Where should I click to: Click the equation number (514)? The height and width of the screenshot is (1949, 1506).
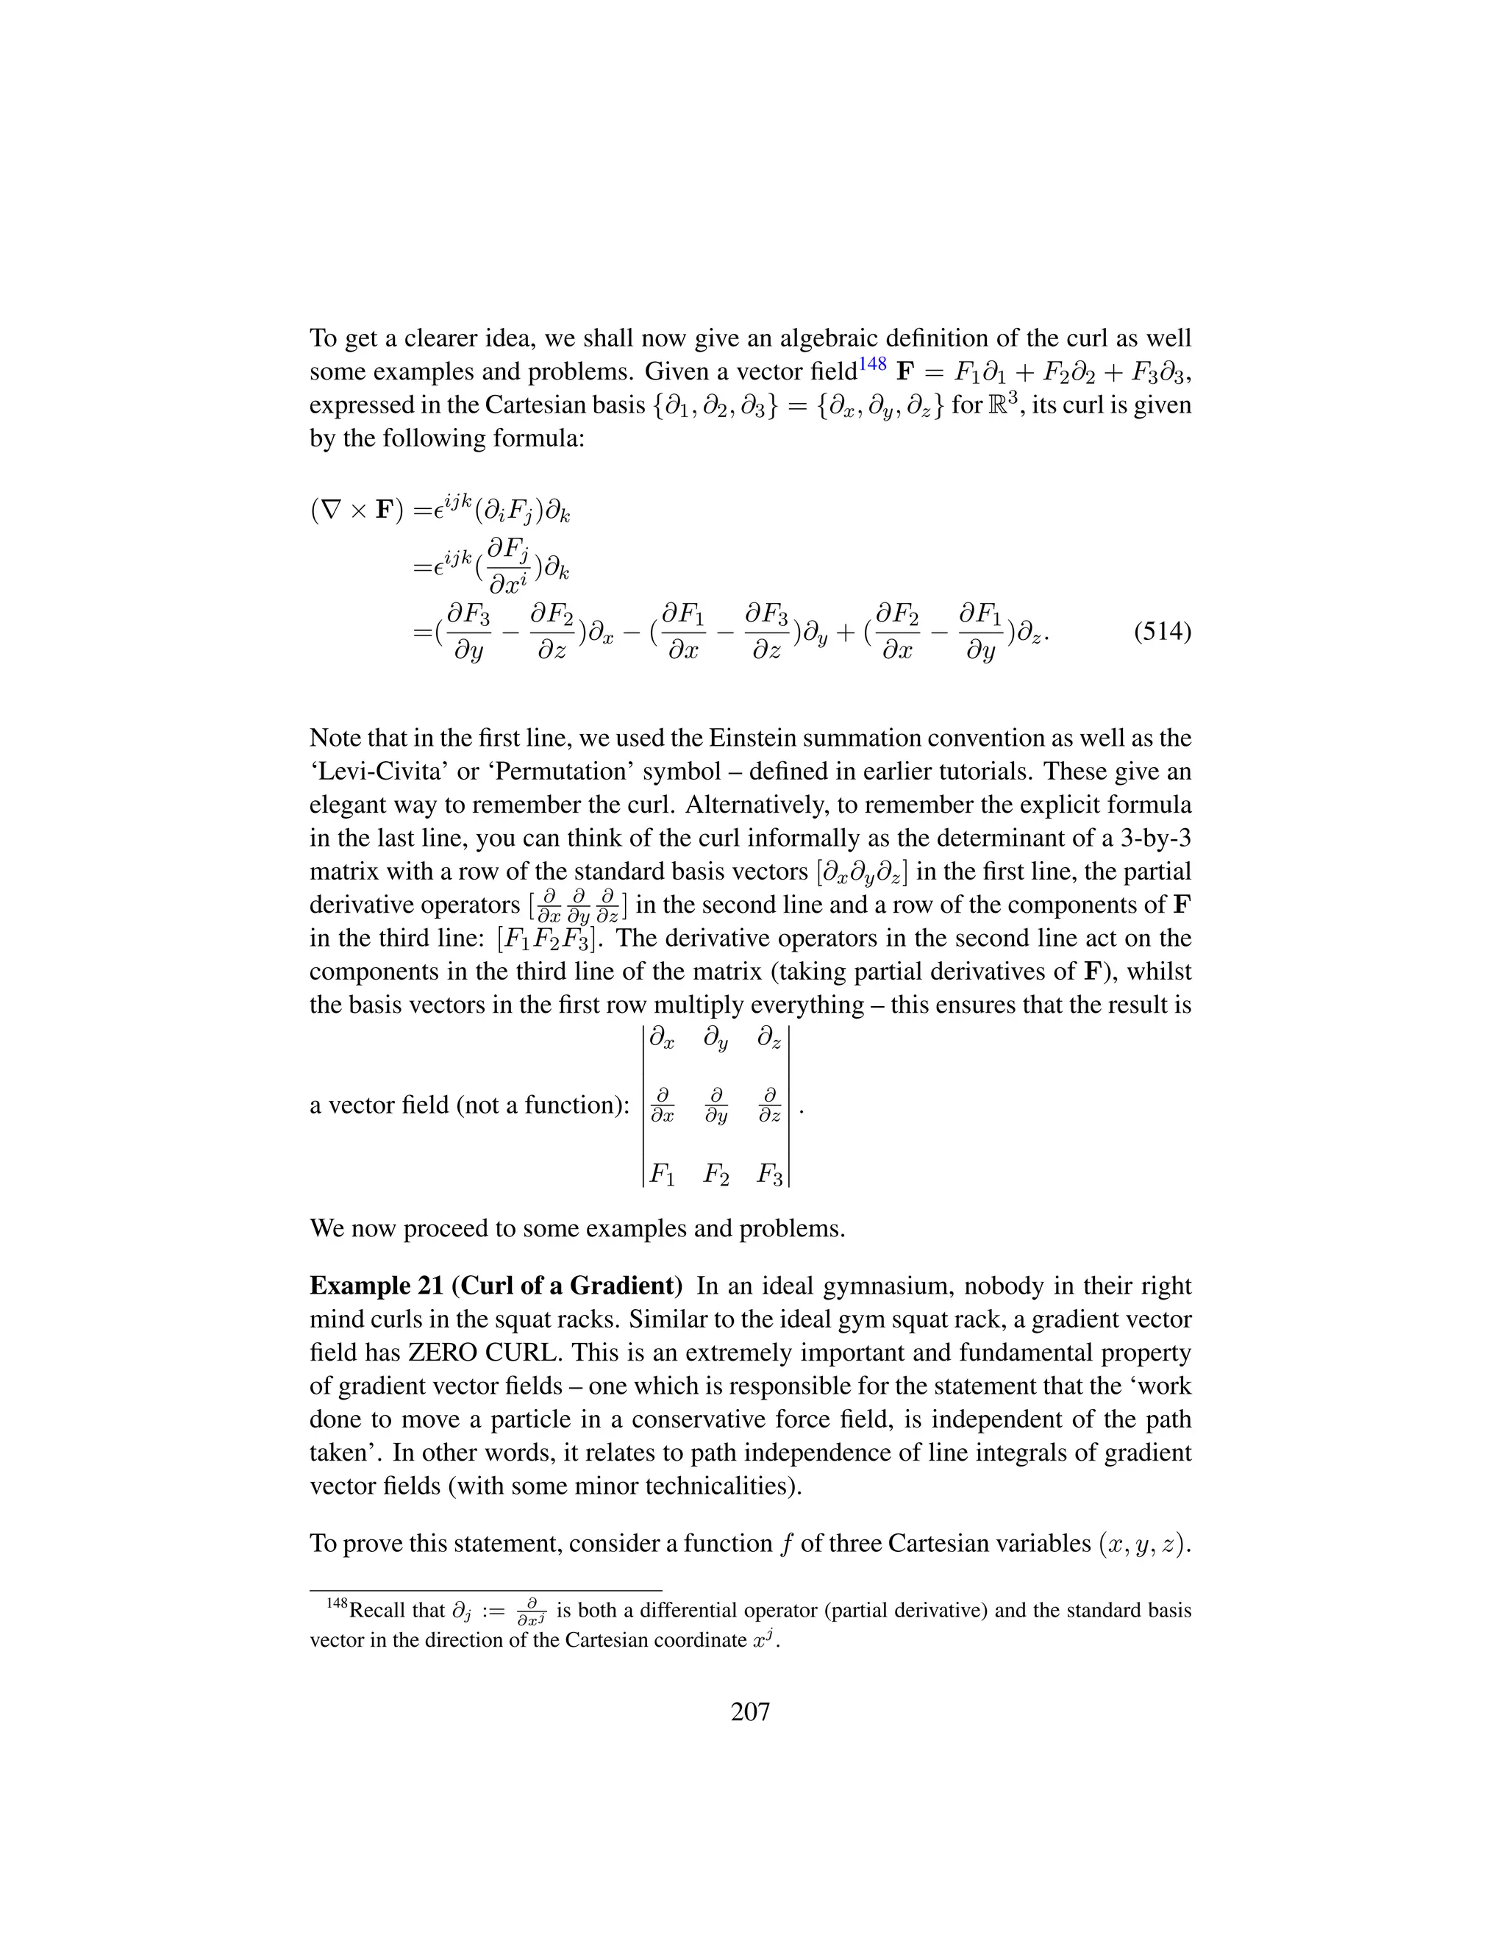click(x=1162, y=633)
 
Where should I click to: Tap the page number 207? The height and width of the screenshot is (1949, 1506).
click(x=750, y=1711)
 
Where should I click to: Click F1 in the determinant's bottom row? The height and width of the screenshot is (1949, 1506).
click(x=661, y=1175)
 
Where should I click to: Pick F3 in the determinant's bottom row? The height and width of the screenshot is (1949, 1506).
click(x=769, y=1175)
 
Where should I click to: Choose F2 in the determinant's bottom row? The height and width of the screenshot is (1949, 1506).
click(x=715, y=1175)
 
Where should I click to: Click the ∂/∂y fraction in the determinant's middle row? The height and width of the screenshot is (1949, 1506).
click(x=715, y=1105)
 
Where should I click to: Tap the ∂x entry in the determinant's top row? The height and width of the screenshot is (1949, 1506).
click(x=661, y=1038)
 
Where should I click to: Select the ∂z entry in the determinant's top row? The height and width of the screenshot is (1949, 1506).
click(x=769, y=1038)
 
